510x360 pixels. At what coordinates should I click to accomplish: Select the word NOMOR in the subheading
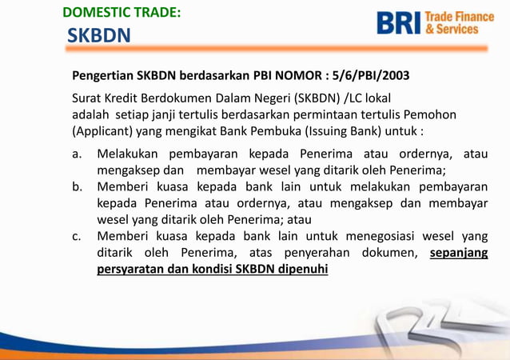[297, 77]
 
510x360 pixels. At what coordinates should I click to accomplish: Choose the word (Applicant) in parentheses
[102, 130]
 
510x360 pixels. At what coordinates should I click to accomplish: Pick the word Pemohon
[431, 114]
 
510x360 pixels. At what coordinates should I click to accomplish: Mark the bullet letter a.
[77, 154]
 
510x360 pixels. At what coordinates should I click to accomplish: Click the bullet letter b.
[78, 187]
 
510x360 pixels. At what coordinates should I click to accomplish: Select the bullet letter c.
[77, 236]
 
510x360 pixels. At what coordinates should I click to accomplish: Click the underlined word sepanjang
[458, 253]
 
